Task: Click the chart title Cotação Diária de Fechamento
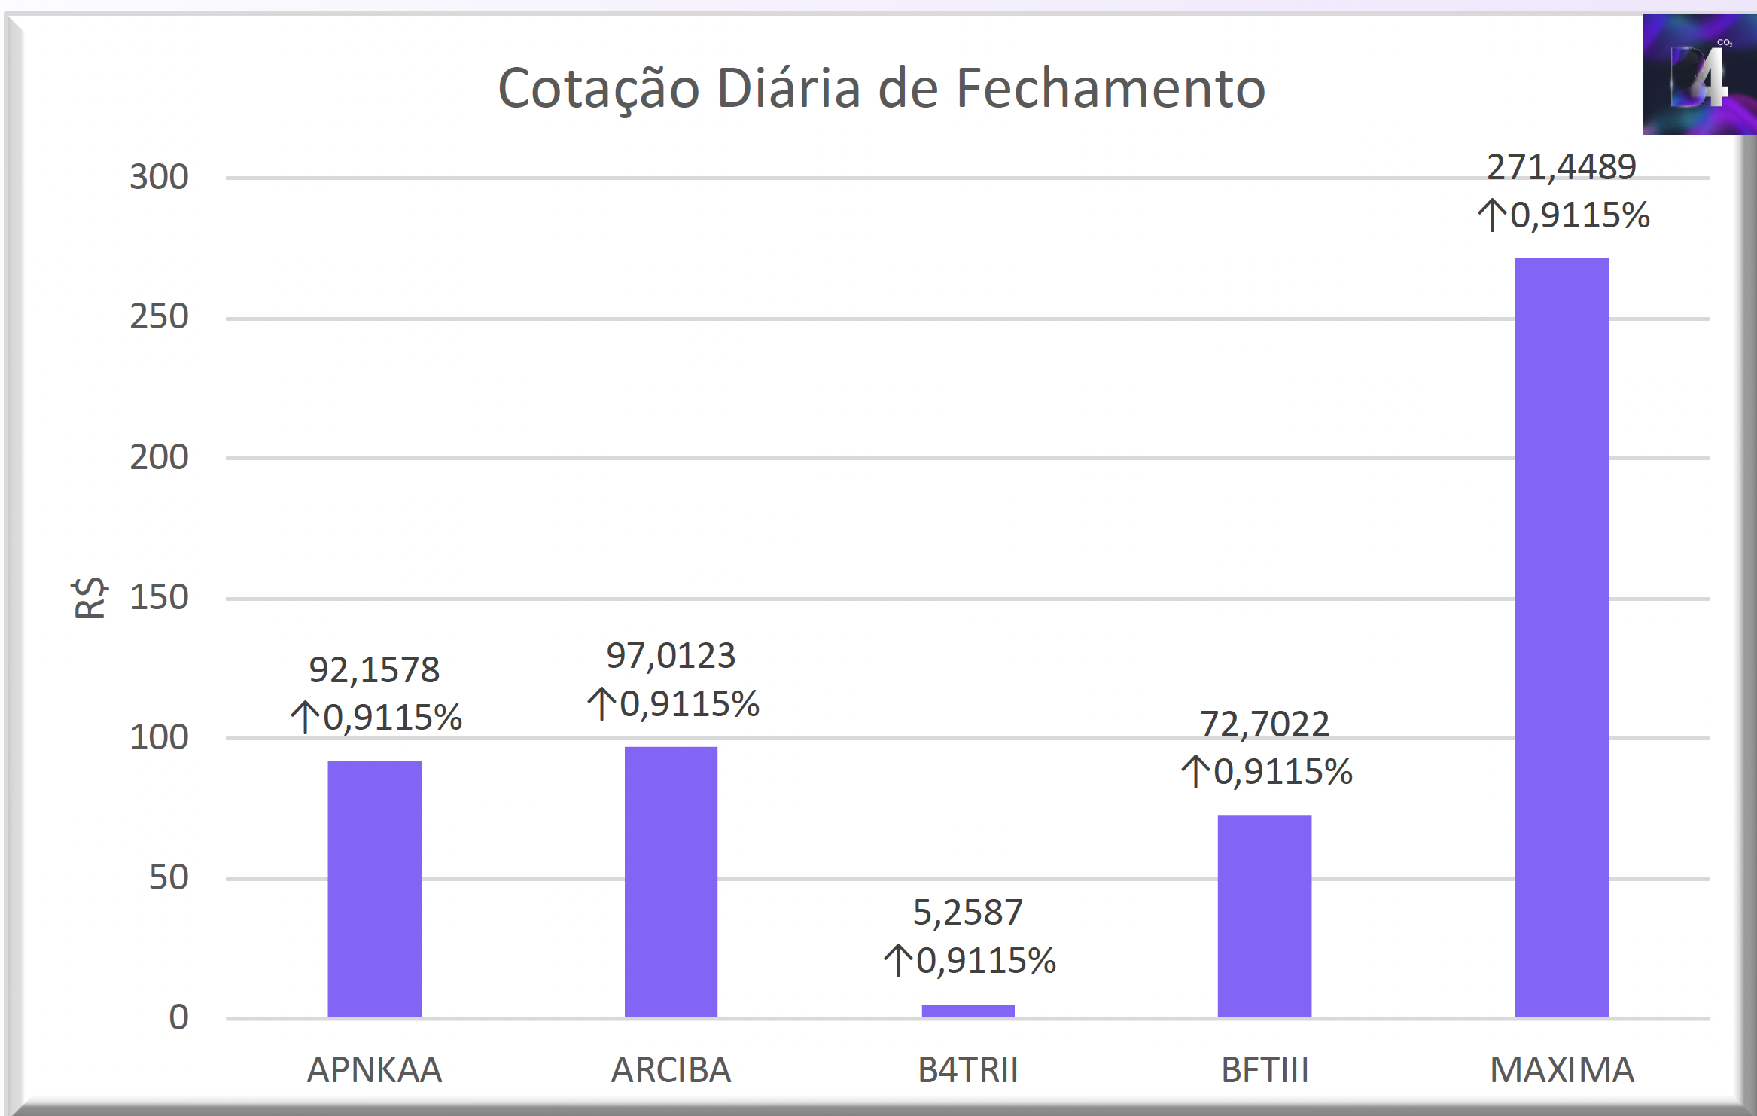tap(882, 90)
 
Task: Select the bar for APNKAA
tap(374, 889)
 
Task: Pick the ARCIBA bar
tap(671, 883)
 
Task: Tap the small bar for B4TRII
tap(968, 1011)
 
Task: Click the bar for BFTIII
tap(1265, 916)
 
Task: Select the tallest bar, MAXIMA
tap(1561, 638)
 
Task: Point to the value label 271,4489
tap(1561, 167)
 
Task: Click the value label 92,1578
tap(374, 669)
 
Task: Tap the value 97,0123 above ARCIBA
tap(671, 656)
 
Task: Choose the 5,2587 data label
tap(968, 913)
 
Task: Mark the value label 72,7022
tap(1265, 724)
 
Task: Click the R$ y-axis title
tap(90, 598)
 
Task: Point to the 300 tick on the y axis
tap(159, 178)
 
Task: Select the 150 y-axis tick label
tap(159, 598)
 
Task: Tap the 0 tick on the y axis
tap(179, 1018)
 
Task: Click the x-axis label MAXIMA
tap(1562, 1070)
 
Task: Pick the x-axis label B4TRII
tap(968, 1070)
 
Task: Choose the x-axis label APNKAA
tap(374, 1070)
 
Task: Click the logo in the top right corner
tap(1699, 74)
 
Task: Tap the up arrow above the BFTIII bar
tap(1195, 772)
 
